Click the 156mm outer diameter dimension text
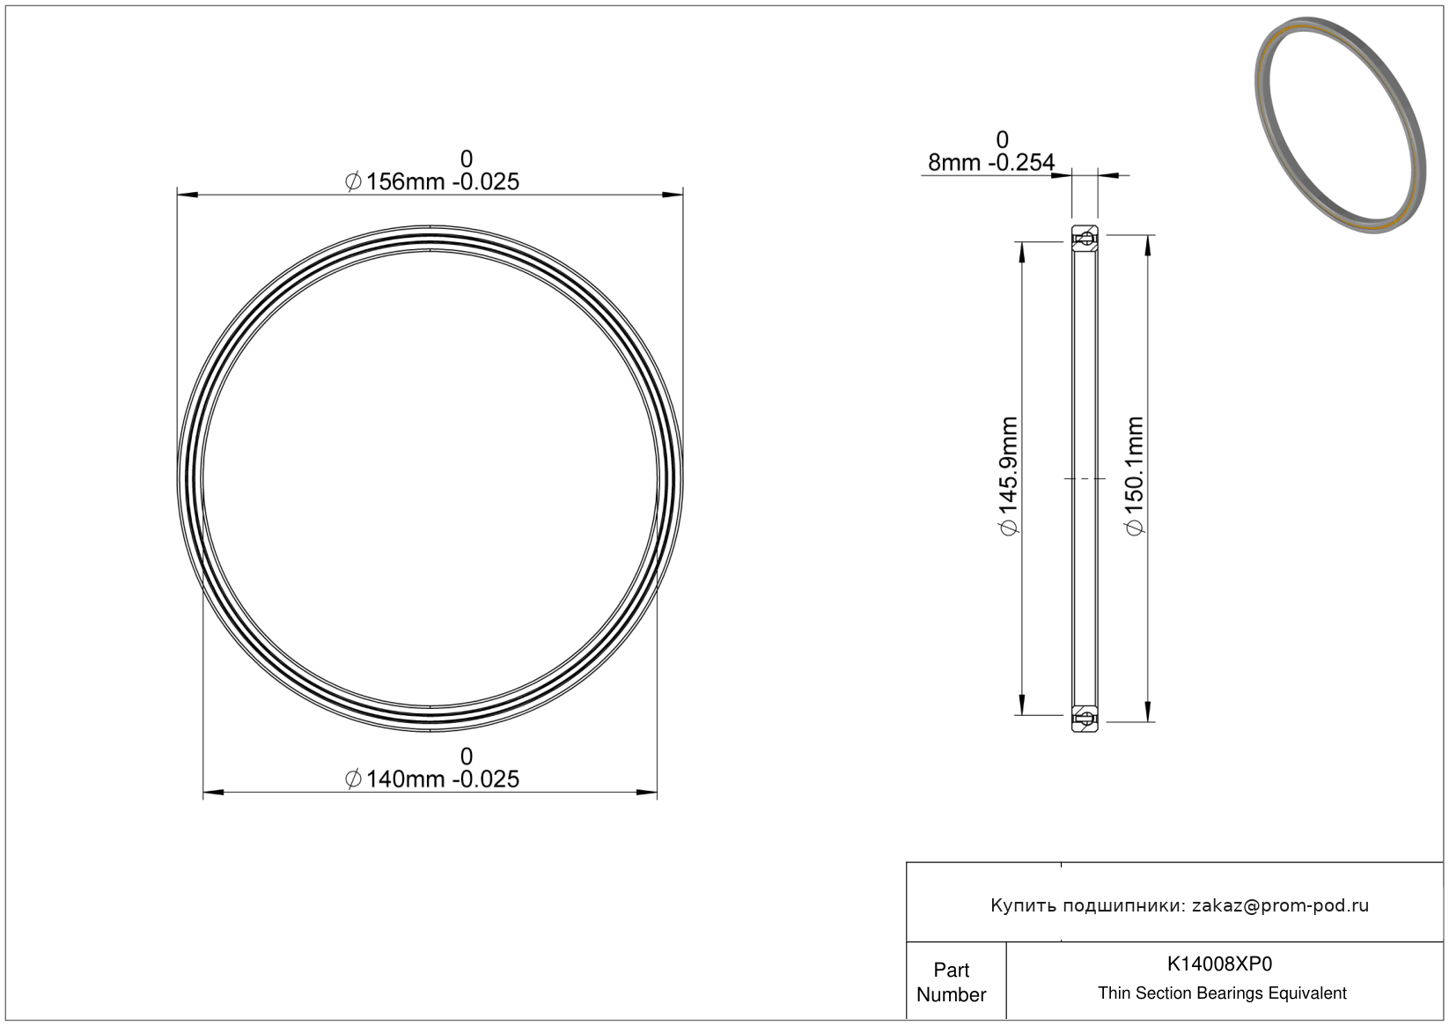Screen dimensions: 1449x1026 point(432,182)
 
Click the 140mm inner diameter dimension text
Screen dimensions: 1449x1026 point(432,779)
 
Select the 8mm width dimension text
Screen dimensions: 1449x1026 point(991,162)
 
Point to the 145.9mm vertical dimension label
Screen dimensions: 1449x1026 point(1009,476)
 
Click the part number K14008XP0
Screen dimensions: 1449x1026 point(1219,963)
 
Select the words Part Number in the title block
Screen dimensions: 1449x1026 point(951,982)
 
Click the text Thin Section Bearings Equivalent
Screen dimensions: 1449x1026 point(1222,993)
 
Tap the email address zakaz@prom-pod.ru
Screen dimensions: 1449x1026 point(1280,905)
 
